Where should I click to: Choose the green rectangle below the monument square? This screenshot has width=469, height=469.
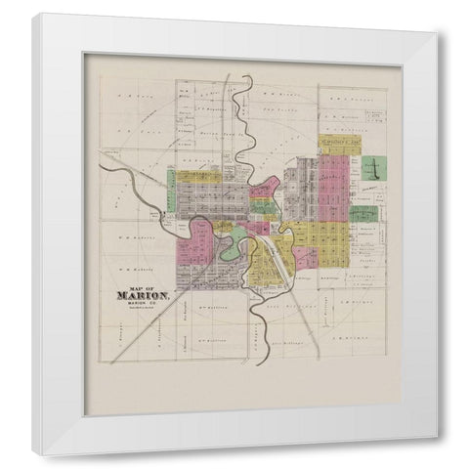(363, 213)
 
